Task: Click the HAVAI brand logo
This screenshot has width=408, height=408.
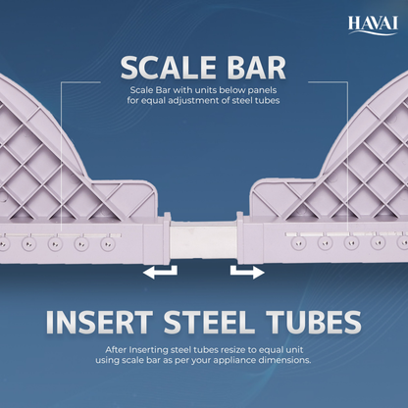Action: pos(373,25)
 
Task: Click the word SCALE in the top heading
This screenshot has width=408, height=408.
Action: pos(168,68)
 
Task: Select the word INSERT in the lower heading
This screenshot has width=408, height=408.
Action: pos(99,322)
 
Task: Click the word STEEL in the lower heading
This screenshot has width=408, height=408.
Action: pos(209,322)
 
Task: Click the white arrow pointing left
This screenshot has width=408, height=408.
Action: pos(160,272)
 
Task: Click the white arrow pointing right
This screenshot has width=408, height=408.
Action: pos(247,272)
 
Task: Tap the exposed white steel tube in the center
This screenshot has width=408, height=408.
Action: pos(203,241)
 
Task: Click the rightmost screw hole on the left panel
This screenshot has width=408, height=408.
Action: pos(107,243)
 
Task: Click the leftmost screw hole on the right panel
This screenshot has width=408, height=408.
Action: pos(298,243)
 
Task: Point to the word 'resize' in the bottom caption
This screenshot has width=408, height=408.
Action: pos(233,350)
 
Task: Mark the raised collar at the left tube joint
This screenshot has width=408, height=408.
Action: pos(167,238)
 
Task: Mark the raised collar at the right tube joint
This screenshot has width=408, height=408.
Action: pos(240,237)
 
